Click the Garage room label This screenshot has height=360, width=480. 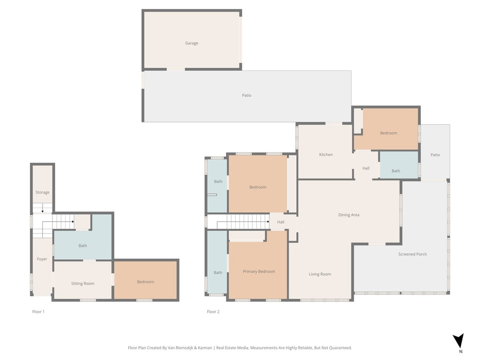point(191,43)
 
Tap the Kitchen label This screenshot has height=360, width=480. point(326,155)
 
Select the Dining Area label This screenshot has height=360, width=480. point(349,215)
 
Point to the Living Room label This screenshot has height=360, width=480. point(320,274)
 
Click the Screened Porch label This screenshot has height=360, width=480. point(412,255)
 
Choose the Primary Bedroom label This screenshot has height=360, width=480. point(259,272)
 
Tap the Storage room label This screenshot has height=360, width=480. point(42,193)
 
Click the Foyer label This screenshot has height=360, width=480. point(42,259)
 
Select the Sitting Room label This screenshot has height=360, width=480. point(82,284)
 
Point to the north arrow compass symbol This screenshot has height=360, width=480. point(458,341)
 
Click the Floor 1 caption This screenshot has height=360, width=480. point(38,312)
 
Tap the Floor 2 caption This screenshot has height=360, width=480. point(213,312)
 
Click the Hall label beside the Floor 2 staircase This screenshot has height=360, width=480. point(280,222)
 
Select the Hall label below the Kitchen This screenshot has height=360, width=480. point(366,169)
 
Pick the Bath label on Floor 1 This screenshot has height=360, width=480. point(82,246)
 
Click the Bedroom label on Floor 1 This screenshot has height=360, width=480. point(145,282)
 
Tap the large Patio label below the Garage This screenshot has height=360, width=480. point(247,96)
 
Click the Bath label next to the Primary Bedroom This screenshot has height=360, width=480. point(218,273)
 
